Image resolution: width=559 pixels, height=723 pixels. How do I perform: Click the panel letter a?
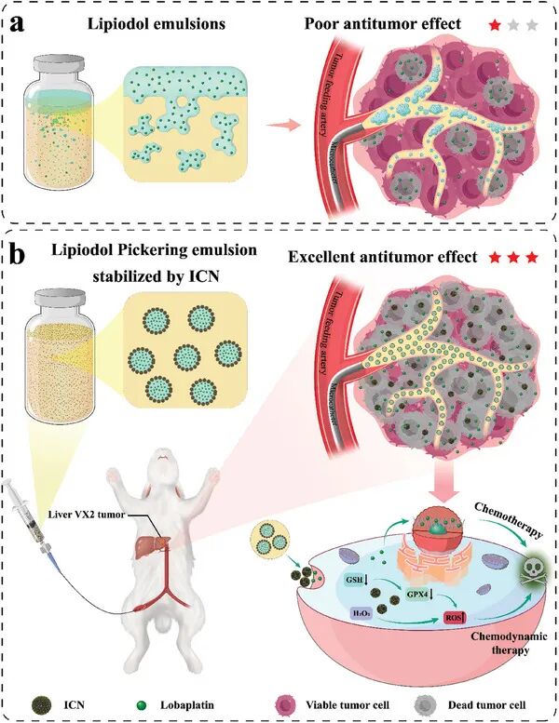coord(17,23)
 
